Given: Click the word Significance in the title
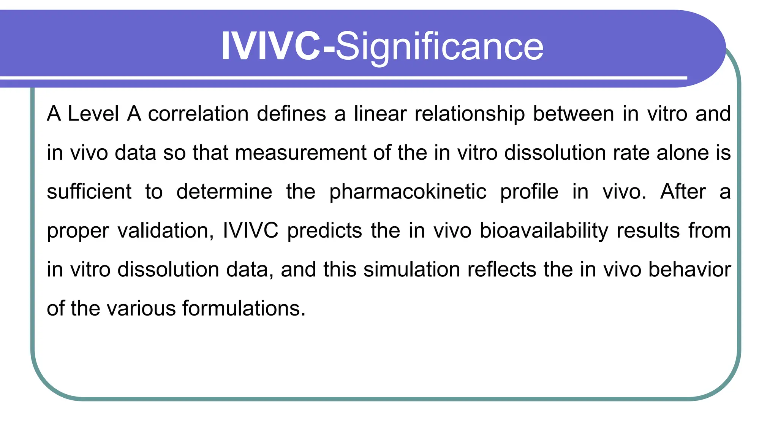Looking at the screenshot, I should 440,47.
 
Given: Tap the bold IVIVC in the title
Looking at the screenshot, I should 271,46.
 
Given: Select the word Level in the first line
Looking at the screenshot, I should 93,114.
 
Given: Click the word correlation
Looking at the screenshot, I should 199,114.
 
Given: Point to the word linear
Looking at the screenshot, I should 380,114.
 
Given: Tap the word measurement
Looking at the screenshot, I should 300,153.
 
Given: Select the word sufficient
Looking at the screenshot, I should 89,192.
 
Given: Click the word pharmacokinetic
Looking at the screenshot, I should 408,192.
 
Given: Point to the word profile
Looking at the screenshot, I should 529,192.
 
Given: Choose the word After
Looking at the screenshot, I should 683,192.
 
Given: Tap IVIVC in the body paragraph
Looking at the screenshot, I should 251,231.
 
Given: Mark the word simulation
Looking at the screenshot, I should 412,270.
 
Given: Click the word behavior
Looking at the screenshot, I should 689,270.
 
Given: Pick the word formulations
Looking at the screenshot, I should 244,308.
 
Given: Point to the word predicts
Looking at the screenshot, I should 325,231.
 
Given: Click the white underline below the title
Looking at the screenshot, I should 342,78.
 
